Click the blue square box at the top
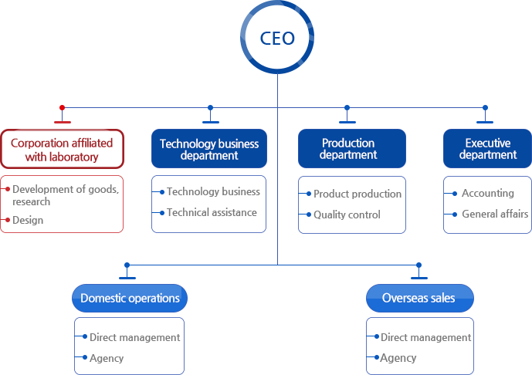[276, 37]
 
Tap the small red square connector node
[62, 107]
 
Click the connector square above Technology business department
[209, 108]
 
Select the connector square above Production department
[347, 108]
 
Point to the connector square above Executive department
[485, 108]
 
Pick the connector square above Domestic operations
[127, 264]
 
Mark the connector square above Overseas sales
[418, 264]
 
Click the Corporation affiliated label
[63, 142]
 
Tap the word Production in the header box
[348, 143]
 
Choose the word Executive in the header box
[488, 143]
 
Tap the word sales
[444, 298]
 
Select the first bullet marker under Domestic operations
[80, 336]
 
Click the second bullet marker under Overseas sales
[371, 357]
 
